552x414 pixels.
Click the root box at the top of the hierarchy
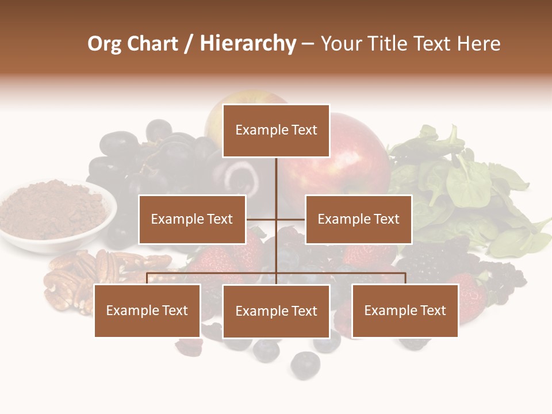(276, 131)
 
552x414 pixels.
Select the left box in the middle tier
(192, 219)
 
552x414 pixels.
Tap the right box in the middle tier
(358, 219)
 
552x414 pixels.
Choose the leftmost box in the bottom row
(147, 310)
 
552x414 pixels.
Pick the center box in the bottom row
(276, 311)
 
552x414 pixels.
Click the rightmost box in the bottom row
(405, 310)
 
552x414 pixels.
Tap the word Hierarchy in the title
(247, 44)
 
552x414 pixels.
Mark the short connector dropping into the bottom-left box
(147, 278)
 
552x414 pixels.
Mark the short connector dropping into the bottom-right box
(405, 278)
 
